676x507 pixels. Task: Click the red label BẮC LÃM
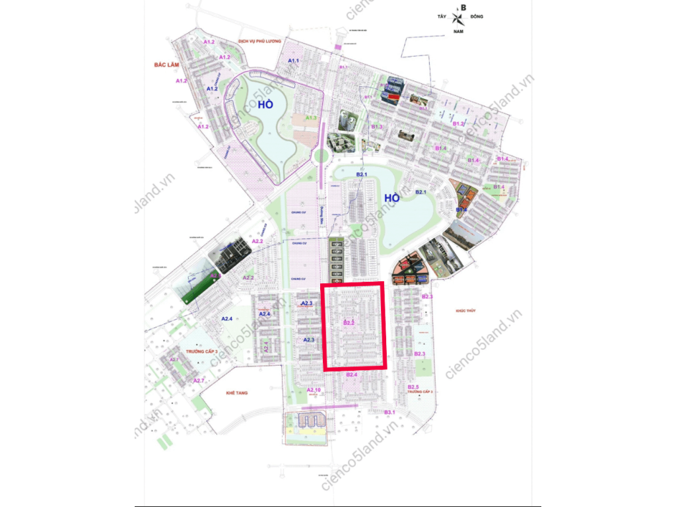162,64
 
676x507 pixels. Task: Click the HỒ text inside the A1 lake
266,104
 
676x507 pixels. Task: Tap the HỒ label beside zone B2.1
392,197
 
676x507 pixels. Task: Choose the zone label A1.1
294,61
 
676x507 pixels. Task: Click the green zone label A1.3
311,118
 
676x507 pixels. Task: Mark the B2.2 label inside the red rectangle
350,323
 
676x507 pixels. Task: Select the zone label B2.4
351,374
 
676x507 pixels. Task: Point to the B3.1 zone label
389,412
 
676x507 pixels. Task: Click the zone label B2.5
413,386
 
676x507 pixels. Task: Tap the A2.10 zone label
314,390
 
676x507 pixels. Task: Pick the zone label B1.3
377,126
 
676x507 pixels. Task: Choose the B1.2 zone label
459,124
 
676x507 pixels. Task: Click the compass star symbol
459,18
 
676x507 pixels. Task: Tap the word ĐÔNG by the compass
477,17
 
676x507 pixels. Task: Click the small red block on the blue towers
392,98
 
